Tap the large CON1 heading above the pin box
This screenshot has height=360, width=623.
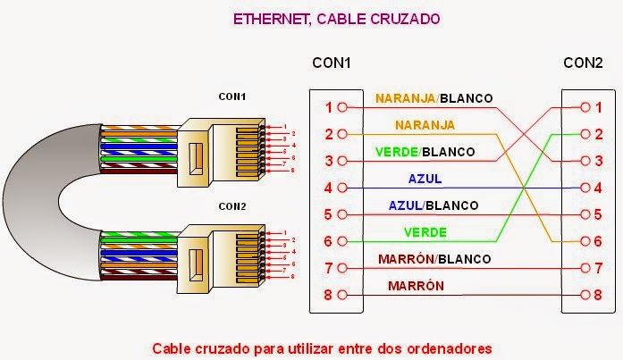(x=331, y=63)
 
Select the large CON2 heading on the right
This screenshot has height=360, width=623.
(x=583, y=63)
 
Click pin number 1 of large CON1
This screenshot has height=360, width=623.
(x=329, y=108)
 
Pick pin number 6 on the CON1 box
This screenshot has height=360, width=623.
(x=329, y=241)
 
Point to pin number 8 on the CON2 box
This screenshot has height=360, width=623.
(x=598, y=295)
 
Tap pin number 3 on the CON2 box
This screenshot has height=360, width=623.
(x=598, y=161)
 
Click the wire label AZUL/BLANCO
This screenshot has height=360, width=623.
(x=434, y=205)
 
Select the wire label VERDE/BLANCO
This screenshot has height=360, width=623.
(x=425, y=152)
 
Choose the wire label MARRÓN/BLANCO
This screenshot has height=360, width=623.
(x=434, y=259)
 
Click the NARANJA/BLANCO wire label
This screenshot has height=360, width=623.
(x=434, y=97)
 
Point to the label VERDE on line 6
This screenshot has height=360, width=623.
(x=425, y=232)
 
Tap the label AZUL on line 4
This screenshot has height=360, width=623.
(x=425, y=179)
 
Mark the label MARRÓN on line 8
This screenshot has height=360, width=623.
(x=417, y=286)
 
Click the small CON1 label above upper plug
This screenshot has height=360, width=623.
(x=232, y=96)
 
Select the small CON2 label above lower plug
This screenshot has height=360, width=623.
(x=232, y=205)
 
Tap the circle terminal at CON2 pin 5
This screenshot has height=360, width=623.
(x=585, y=214)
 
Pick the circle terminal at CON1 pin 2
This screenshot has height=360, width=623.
(x=343, y=134)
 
